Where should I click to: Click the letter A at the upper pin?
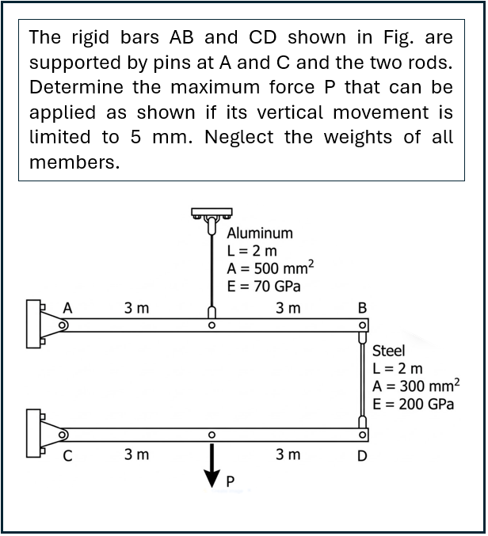click(x=68, y=306)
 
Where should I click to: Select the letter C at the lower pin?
click(x=68, y=456)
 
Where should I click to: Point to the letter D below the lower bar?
click(x=362, y=456)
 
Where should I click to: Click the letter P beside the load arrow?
click(x=231, y=481)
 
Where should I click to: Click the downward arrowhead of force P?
click(x=212, y=477)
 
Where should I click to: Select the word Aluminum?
click(x=260, y=234)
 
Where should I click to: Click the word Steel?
click(x=388, y=350)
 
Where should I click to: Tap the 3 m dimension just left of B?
click(x=288, y=307)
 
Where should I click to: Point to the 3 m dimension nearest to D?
click(x=288, y=454)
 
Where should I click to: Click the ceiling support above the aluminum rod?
click(x=211, y=214)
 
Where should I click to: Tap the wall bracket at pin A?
click(x=36, y=323)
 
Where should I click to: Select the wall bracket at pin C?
click(x=36, y=434)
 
